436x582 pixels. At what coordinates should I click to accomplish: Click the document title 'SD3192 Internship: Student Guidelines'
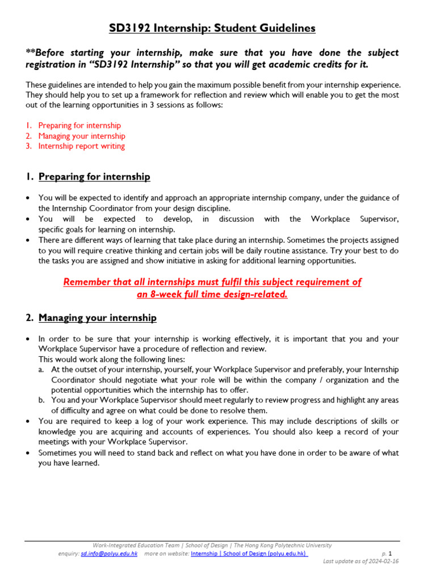(212, 28)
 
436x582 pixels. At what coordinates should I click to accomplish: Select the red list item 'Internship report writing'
(81, 146)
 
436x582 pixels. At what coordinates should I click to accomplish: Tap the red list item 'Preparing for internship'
(79, 125)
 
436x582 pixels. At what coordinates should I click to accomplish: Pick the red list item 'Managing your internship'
(82, 136)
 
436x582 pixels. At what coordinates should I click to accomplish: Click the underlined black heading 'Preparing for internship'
(94, 177)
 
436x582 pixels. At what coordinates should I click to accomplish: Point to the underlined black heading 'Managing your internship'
(97, 318)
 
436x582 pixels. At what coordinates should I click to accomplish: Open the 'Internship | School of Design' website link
(249, 554)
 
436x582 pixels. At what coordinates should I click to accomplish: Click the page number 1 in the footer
(390, 553)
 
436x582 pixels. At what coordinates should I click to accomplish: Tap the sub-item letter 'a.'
(42, 369)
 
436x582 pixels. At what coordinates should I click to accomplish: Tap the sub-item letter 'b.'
(42, 400)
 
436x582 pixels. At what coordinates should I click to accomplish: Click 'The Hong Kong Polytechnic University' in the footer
(283, 545)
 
